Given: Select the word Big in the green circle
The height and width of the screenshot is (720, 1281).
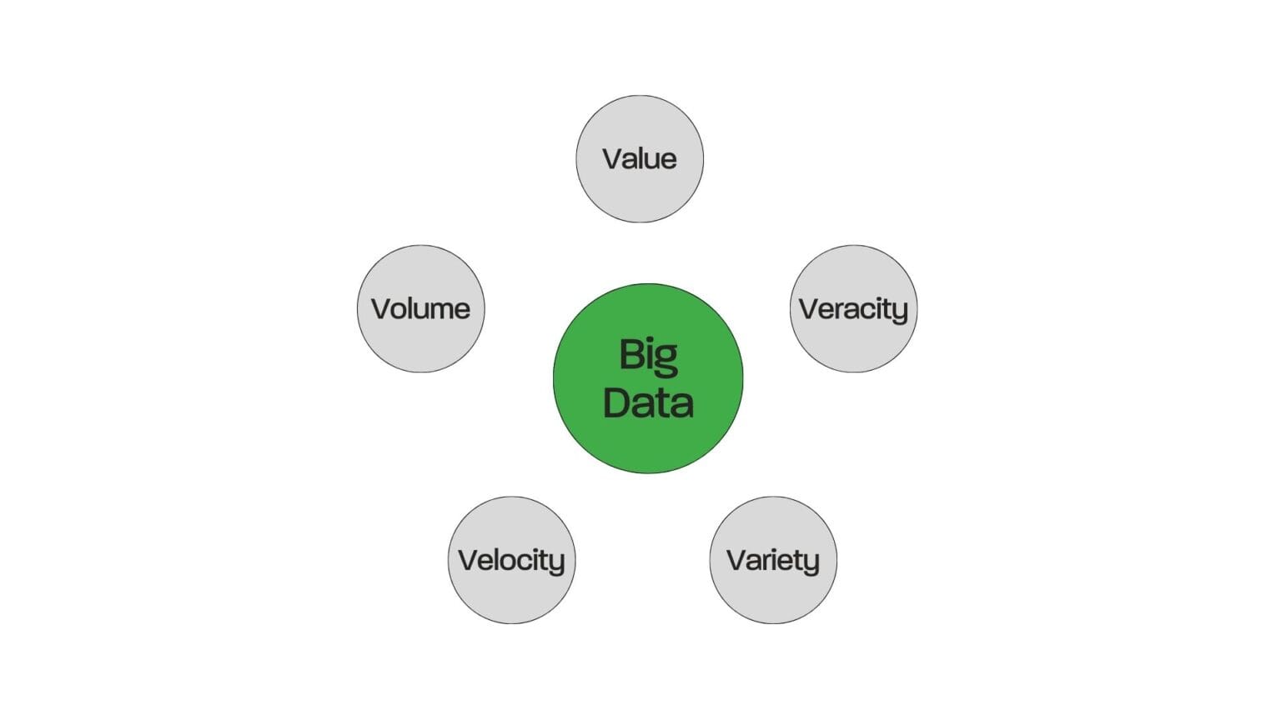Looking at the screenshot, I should point(648,356).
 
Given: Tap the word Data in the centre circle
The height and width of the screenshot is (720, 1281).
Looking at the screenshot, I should point(648,402).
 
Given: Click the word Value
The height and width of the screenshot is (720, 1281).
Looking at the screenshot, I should point(640,158).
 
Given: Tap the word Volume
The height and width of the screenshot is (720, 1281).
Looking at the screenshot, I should point(420,308).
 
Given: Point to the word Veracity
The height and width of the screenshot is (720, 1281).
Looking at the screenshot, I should point(853,309).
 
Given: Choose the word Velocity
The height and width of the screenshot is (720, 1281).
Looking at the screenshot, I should point(511,560).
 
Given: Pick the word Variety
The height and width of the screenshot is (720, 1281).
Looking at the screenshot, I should point(773,560).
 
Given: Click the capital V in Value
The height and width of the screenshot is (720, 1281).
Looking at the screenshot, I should point(613,158).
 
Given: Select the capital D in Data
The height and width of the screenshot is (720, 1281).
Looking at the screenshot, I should point(616,402).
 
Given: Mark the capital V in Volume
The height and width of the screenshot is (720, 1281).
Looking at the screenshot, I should point(382,308).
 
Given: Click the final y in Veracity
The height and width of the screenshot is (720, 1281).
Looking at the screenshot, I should point(899,312).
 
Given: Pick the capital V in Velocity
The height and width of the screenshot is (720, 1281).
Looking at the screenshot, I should point(469,560).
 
